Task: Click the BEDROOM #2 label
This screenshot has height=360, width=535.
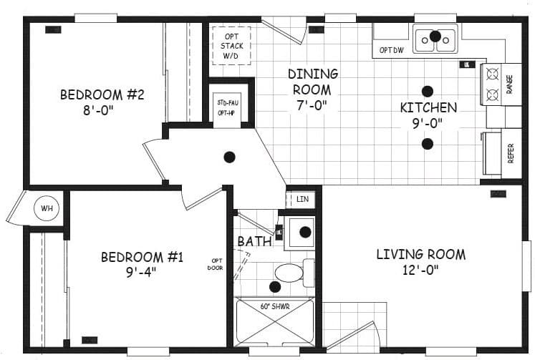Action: coord(102,94)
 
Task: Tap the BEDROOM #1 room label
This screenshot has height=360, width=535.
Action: coord(142,257)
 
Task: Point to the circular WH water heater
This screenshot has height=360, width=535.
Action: coord(47,209)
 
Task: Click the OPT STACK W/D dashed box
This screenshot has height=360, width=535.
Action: coord(231,46)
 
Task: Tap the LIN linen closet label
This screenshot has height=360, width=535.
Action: coord(302,200)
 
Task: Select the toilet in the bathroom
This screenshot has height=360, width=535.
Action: coord(292,273)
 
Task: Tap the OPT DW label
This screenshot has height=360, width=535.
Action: coord(391,50)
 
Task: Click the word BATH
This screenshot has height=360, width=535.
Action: coord(254,242)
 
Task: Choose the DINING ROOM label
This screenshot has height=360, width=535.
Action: coord(312,81)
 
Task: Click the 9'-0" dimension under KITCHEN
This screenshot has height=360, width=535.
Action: coord(428,123)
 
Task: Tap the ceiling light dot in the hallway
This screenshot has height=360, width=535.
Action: coord(230,157)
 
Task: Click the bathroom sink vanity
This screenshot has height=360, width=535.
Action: coord(304,232)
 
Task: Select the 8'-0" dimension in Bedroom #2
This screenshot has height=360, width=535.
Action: coord(102,112)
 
